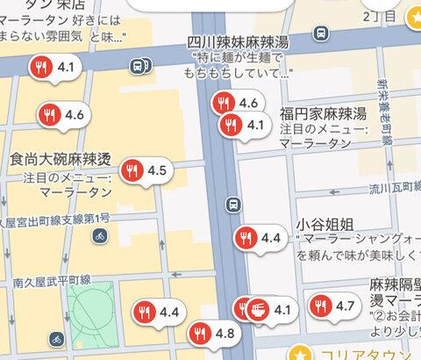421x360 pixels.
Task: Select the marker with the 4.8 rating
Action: pyautogui.click(x=212, y=333)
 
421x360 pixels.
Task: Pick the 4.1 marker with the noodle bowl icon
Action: pyautogui.click(x=268, y=309)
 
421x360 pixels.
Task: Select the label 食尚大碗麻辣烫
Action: pyautogui.click(x=59, y=160)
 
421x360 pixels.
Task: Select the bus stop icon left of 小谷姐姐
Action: pyautogui.click(x=232, y=204)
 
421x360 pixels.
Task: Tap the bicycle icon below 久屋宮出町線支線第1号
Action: pyautogui.click(x=101, y=235)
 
